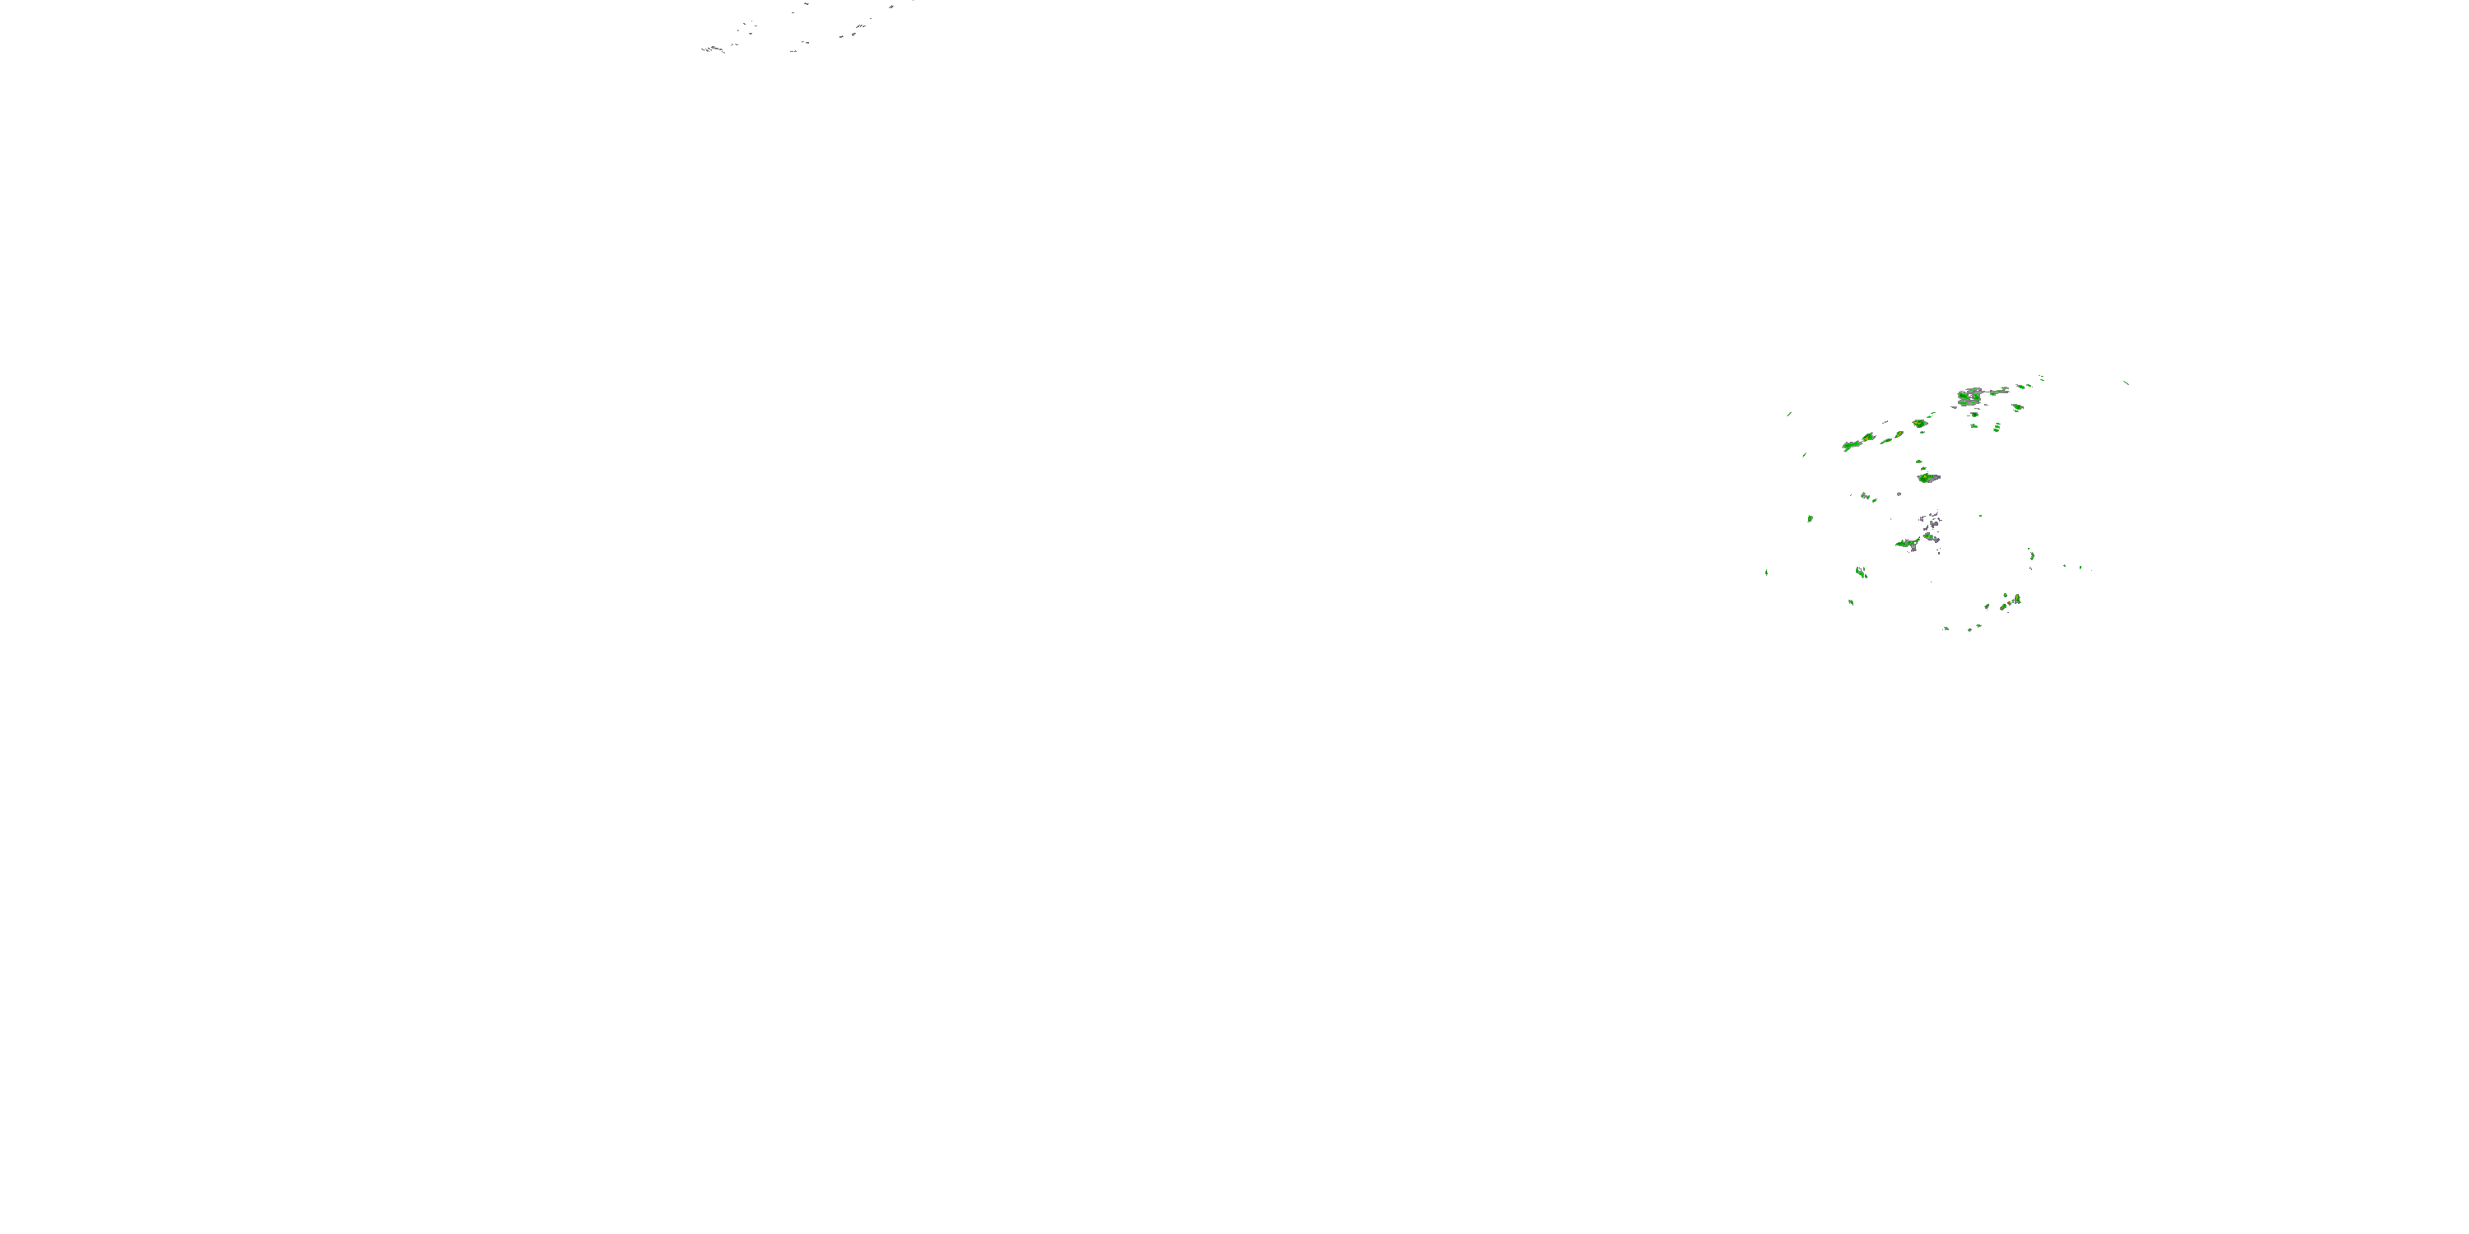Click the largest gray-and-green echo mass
pos(1970,396)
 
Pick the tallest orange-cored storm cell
pos(2016,600)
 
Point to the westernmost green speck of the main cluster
pos(1766,573)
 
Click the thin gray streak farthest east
pos(2127,383)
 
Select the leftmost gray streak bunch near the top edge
pos(711,49)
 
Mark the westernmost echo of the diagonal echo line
pos(1852,446)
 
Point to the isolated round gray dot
pos(1899,494)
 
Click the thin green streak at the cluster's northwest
pos(1789,414)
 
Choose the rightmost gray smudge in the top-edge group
pos(890,7)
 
